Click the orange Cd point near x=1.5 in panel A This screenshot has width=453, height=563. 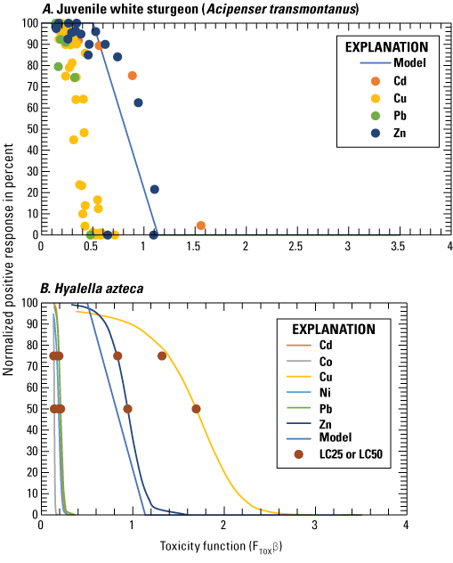click(200, 225)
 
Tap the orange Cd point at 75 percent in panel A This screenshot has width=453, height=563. click(133, 76)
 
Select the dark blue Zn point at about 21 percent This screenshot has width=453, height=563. click(154, 189)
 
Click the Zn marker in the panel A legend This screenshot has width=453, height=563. click(374, 133)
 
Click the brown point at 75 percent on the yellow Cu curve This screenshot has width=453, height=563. click(162, 356)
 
